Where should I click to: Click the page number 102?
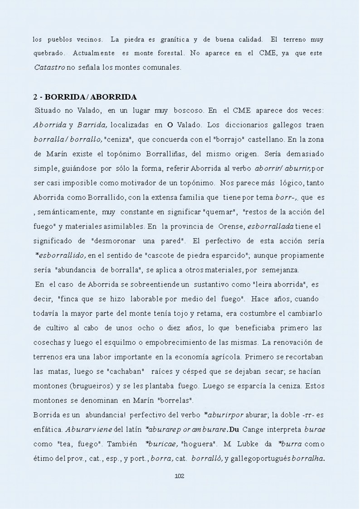click(x=179, y=475)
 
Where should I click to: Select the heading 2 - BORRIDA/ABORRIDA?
click(x=85, y=97)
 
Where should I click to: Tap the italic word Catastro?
click(x=50, y=68)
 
